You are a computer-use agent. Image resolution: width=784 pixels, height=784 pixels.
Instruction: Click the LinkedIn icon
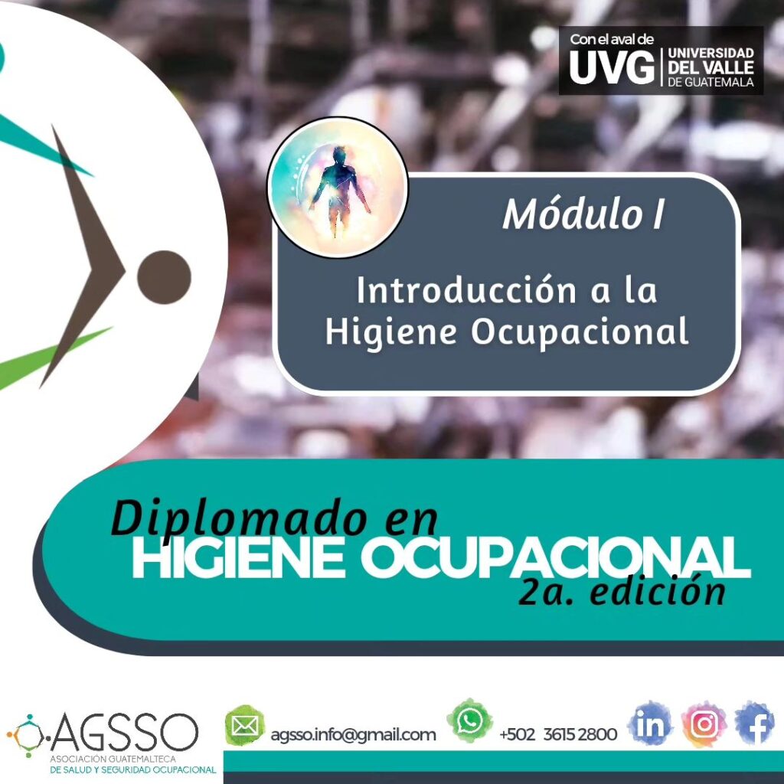click(x=651, y=724)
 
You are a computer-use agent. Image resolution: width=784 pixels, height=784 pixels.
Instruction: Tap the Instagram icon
click(x=704, y=724)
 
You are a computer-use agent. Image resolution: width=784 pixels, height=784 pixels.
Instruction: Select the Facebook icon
click(x=755, y=724)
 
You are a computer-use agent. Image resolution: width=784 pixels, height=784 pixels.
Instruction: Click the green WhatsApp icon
click(x=469, y=721)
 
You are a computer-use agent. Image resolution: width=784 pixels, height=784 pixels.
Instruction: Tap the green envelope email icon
click(x=244, y=726)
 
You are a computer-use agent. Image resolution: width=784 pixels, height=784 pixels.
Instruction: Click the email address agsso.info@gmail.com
click(x=353, y=734)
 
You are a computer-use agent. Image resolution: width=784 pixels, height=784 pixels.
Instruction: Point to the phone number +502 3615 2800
click(x=558, y=734)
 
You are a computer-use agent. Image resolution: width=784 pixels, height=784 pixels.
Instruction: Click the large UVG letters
click(x=612, y=67)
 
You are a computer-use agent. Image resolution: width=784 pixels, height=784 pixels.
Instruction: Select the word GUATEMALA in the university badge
click(x=718, y=82)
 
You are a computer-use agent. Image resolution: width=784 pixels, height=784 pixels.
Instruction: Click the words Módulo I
click(x=583, y=214)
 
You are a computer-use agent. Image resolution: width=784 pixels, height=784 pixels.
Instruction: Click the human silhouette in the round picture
click(x=339, y=191)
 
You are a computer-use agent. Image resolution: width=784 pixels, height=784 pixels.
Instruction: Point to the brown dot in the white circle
click(x=164, y=277)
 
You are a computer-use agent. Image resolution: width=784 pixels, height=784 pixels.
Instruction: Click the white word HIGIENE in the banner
click(x=238, y=558)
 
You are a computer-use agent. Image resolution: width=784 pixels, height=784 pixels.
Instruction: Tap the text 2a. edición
click(x=622, y=591)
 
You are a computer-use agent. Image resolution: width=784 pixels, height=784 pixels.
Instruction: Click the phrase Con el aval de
click(x=612, y=40)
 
